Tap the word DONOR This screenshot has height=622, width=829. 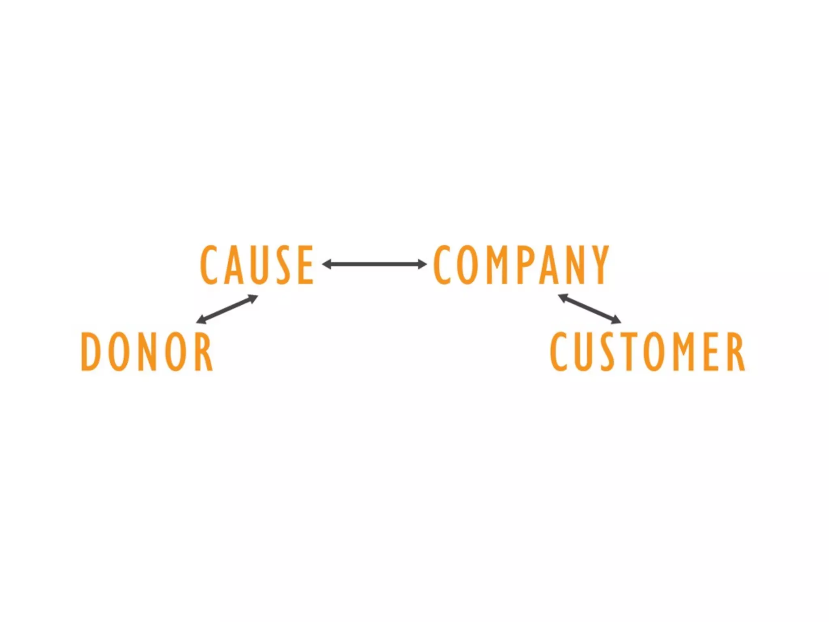pos(147,351)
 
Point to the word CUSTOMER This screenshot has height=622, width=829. pos(647,351)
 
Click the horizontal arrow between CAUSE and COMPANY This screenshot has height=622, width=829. pos(374,264)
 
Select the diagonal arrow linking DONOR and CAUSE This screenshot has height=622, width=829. pos(227,309)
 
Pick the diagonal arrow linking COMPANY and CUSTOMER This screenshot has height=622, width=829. pos(589,309)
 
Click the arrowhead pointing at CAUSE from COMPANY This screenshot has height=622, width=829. pos(326,264)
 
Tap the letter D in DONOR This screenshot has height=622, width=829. pos(91,351)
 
